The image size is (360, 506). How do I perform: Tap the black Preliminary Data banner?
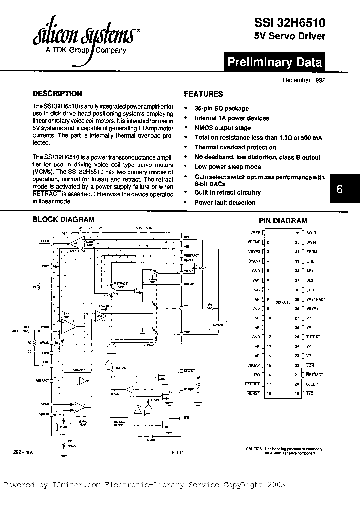274,62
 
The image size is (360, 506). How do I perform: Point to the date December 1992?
304,80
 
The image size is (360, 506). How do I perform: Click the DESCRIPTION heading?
57,93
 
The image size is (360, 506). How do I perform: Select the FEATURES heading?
203,94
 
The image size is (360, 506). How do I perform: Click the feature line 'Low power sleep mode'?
228,167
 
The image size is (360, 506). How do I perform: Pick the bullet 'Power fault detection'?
225,202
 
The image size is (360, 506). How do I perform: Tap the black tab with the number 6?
340,190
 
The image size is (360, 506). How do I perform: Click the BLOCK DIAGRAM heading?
63,219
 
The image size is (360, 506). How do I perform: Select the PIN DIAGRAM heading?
283,220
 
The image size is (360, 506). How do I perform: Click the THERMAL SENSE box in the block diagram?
118,424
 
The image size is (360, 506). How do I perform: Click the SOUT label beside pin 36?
311,233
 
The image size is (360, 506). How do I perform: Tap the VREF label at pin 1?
255,233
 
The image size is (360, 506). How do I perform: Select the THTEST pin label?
313,336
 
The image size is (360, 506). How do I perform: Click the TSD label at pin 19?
310,394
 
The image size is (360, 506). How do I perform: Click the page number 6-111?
177,452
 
